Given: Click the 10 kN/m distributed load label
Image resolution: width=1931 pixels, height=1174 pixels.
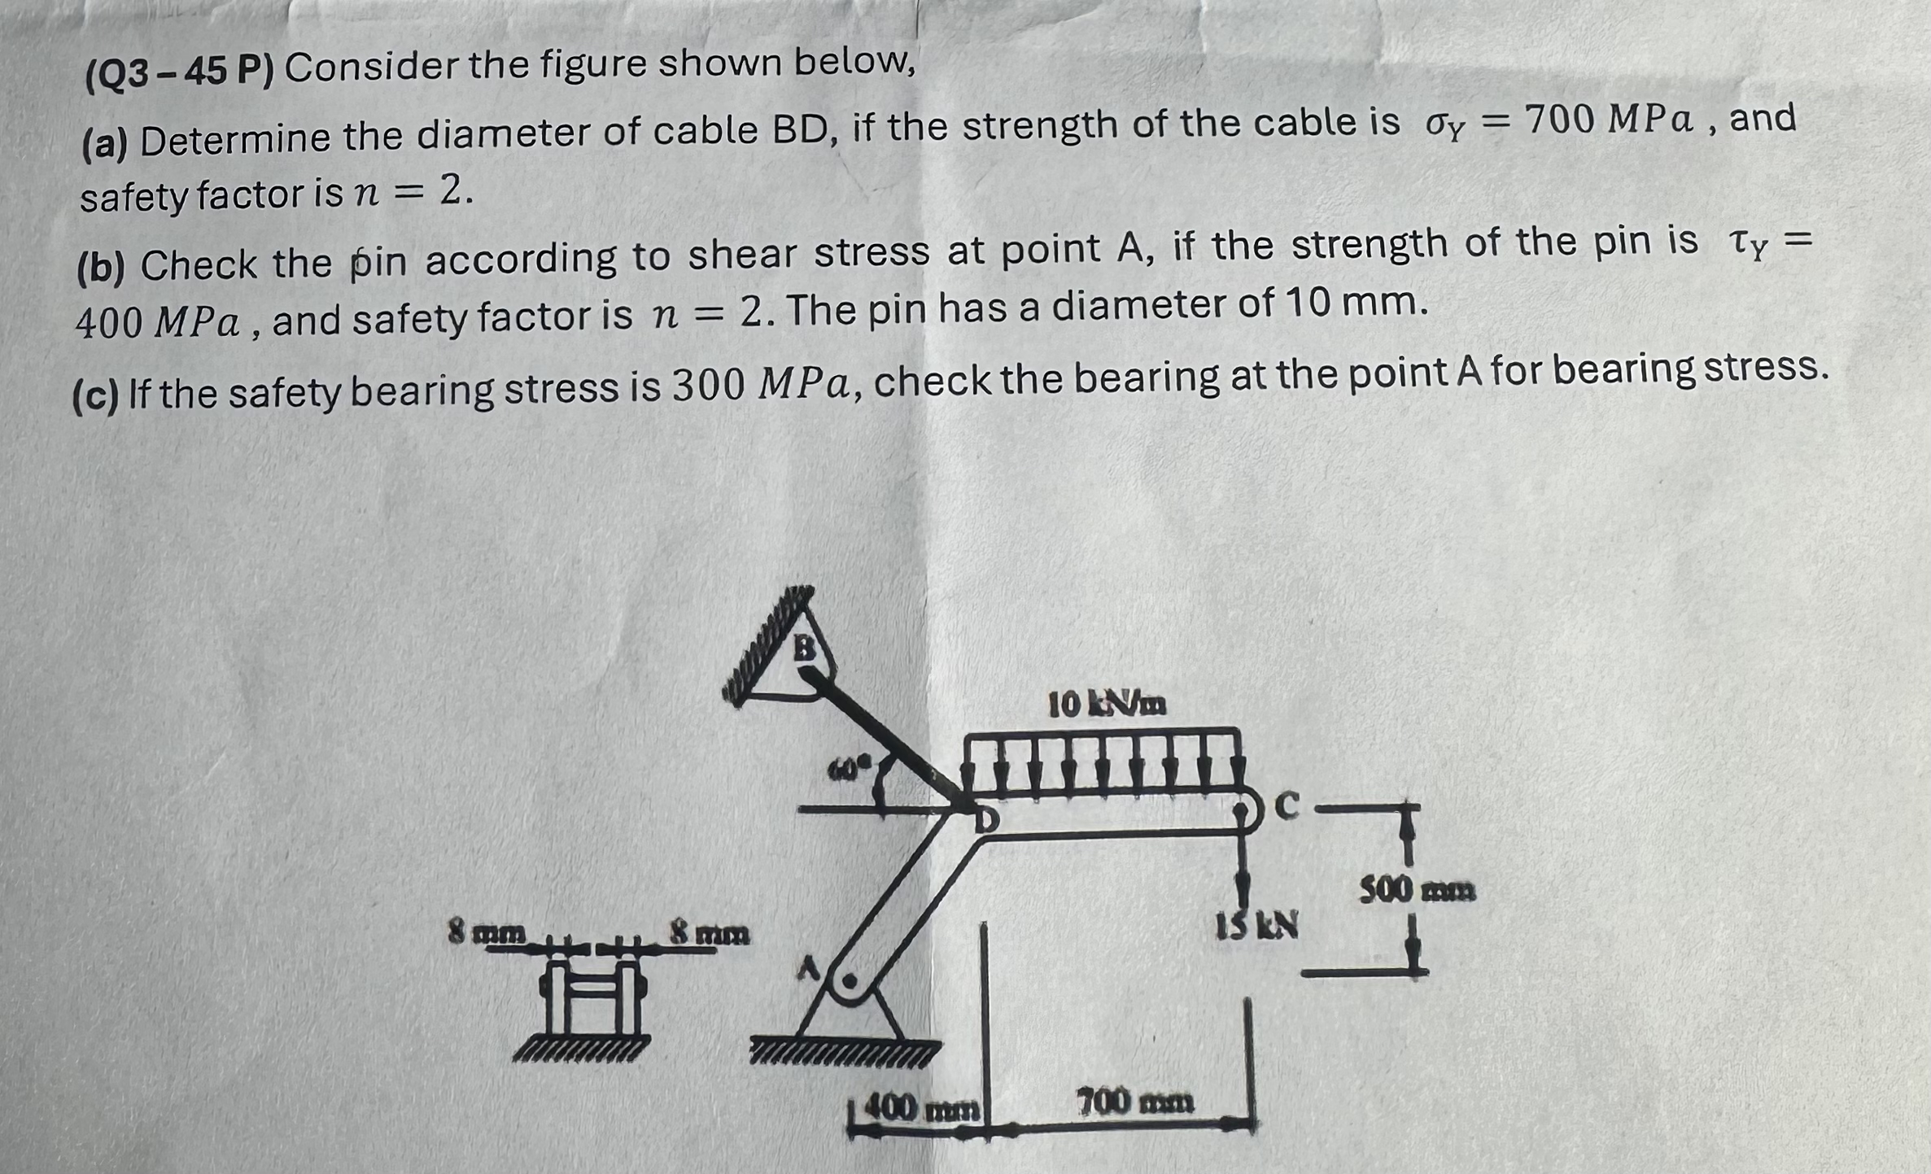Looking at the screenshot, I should pos(1107,704).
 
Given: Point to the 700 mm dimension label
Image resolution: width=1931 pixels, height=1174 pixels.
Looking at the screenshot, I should pos(1136,1102).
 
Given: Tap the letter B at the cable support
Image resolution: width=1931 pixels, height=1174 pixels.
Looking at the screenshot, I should pos(804,648).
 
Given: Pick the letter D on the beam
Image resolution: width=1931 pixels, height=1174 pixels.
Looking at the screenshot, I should pos(985,820).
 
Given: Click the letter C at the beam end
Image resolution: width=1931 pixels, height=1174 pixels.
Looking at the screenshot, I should pos(1287,805).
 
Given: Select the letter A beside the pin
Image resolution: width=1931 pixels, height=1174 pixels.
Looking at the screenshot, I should pos(808,968).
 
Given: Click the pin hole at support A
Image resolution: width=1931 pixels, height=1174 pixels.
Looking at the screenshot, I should pos(849,981).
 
